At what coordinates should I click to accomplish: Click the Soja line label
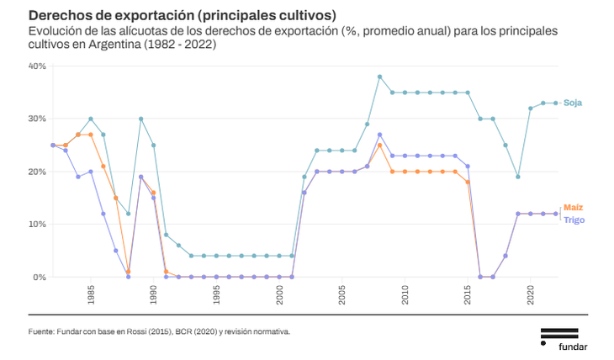tap(573, 103)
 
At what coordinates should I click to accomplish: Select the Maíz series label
tap(574, 207)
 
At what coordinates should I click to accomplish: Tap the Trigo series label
tap(574, 220)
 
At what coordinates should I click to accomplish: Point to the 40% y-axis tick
tap(37, 66)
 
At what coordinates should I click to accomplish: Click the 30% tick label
tap(37, 119)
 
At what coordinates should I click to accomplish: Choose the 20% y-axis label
tap(37, 172)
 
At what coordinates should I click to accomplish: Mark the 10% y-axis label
tap(37, 225)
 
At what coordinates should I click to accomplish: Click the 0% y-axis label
tap(40, 278)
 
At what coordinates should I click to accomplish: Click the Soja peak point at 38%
tap(380, 77)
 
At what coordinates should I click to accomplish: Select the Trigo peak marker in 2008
tap(380, 135)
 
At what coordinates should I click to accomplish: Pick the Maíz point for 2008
tap(380, 146)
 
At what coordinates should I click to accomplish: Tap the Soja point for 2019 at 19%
tap(518, 177)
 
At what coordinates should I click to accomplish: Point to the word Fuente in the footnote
tap(41, 331)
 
